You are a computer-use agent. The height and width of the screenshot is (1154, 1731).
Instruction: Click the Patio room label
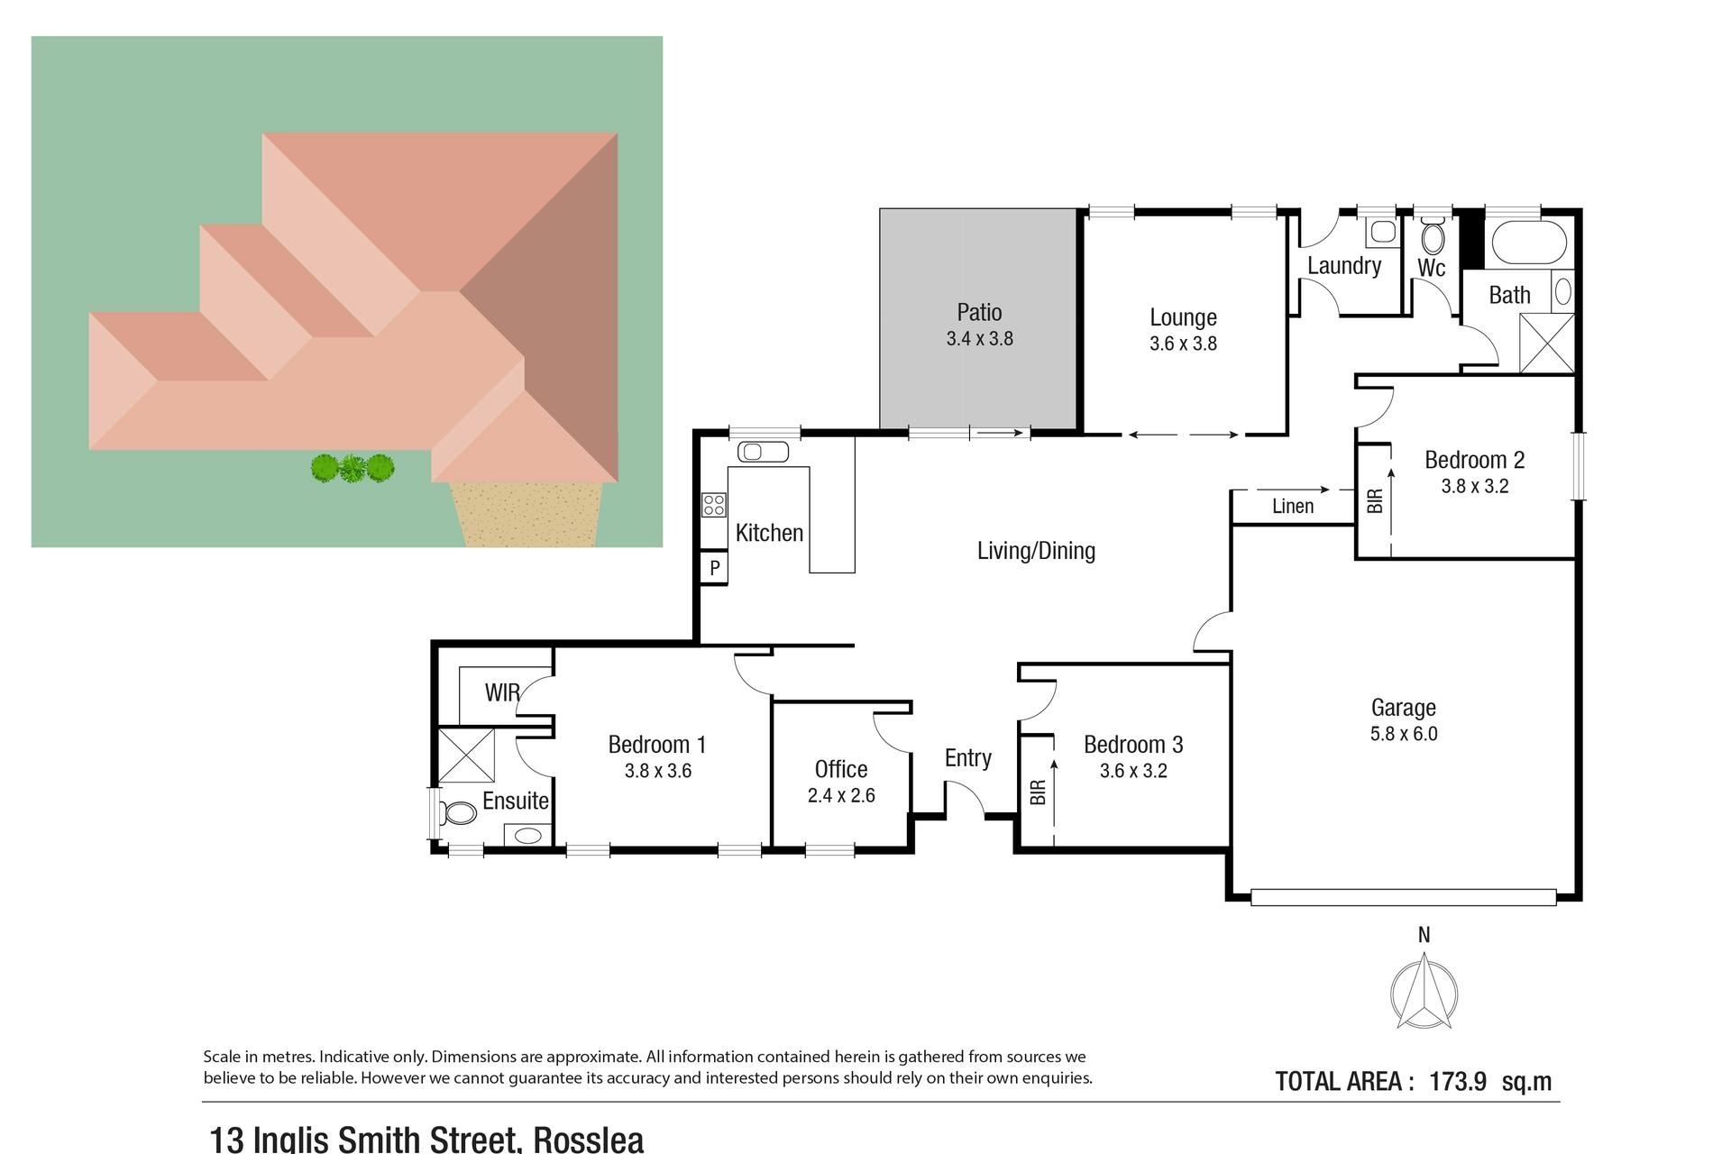(x=979, y=312)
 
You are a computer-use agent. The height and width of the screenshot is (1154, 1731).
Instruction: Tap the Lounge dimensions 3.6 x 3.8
(x=1183, y=343)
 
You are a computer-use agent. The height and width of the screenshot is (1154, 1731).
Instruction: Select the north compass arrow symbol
(x=1424, y=994)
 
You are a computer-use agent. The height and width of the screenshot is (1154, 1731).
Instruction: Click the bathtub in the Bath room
(x=1530, y=241)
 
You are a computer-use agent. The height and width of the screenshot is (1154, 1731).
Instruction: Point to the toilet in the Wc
(x=1432, y=238)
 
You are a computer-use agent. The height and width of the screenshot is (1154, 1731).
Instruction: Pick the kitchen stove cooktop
(x=714, y=505)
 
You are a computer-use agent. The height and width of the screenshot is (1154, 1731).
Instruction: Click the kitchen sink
(x=763, y=451)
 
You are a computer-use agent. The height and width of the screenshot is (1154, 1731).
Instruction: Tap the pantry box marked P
(x=714, y=568)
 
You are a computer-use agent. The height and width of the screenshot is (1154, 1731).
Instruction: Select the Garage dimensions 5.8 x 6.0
(x=1404, y=734)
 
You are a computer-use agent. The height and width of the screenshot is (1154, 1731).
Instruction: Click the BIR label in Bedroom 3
(x=1038, y=792)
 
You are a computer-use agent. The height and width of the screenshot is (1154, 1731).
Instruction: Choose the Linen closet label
(x=1293, y=507)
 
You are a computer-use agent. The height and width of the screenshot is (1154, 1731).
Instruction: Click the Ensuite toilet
(x=459, y=813)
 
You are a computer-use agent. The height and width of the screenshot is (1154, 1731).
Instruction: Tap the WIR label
(x=502, y=692)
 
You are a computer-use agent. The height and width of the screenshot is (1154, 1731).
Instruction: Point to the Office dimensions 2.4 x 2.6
(x=841, y=796)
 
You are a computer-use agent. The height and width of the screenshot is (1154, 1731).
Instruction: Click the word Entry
(x=968, y=758)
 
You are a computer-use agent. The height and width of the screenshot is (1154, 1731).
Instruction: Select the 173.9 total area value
(x=1458, y=1081)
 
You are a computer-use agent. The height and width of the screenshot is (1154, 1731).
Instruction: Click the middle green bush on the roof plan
(x=353, y=468)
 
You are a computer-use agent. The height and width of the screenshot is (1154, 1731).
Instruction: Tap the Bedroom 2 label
(x=1475, y=460)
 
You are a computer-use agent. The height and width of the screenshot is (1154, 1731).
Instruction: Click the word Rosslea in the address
(x=589, y=1140)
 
